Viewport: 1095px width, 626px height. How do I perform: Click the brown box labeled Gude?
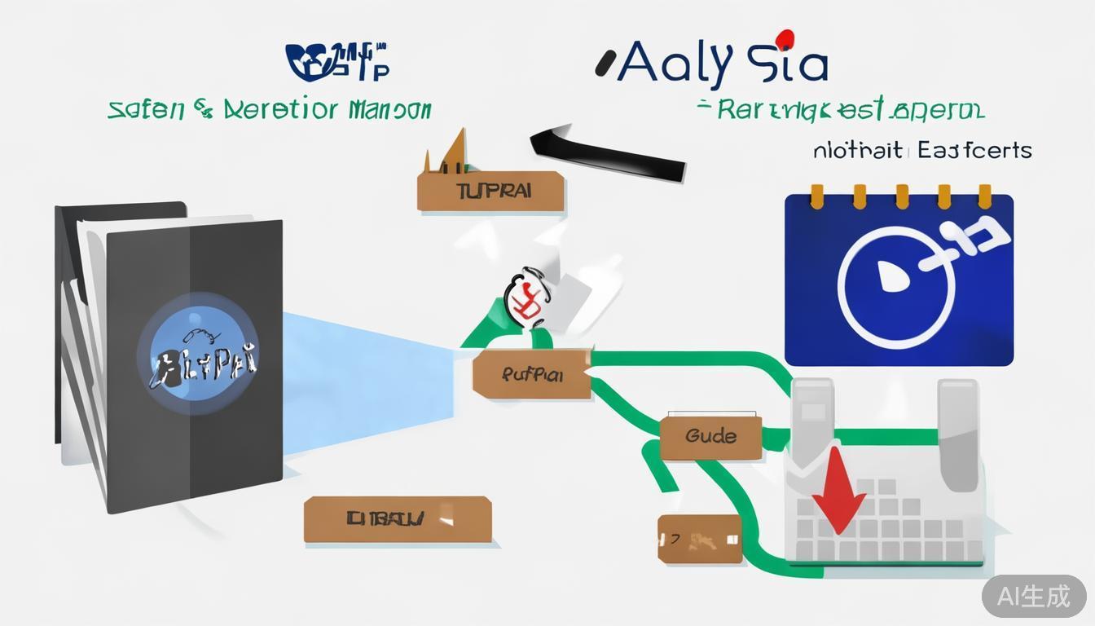click(710, 435)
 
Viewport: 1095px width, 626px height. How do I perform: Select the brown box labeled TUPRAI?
click(491, 192)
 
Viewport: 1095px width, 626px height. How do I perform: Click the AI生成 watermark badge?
click(1034, 596)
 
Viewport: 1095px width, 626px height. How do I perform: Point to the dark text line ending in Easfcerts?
click(921, 150)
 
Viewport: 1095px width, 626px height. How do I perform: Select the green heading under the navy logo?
click(270, 109)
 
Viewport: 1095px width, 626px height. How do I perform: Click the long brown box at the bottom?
click(398, 519)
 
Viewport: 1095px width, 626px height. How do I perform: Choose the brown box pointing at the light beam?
click(531, 375)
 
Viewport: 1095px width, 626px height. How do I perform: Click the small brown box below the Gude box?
click(700, 539)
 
